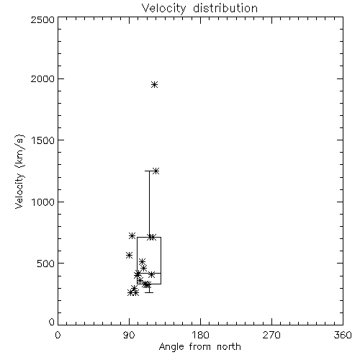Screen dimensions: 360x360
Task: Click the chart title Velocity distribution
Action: pos(199,9)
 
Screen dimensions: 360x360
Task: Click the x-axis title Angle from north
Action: pos(199,347)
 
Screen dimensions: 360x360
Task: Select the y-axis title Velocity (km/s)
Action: pos(19,171)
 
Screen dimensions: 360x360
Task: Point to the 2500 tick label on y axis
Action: pos(42,19)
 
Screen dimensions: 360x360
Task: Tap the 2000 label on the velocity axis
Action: pos(42,78)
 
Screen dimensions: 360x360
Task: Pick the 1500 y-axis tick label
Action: pos(43,140)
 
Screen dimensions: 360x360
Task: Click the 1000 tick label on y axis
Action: pos(43,202)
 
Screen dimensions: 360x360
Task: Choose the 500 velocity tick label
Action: pos(46,264)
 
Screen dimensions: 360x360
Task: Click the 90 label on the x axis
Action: pos(129,335)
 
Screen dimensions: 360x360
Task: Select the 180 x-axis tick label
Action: pos(200,335)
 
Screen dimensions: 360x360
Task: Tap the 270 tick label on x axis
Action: pos(271,335)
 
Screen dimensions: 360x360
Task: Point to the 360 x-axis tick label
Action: pos(343,335)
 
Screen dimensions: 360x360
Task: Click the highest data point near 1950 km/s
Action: pos(155,84)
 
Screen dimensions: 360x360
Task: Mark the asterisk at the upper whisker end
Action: pos(156,171)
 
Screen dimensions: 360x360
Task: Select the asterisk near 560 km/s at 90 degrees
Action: pos(129,255)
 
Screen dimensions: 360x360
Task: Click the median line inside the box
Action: pos(149,273)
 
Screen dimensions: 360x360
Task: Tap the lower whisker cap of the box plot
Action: pos(149,292)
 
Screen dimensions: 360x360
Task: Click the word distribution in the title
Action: pos(225,9)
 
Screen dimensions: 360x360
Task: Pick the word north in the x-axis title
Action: pos(229,347)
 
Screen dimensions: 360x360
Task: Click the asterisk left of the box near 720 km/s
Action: pos(132,235)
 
